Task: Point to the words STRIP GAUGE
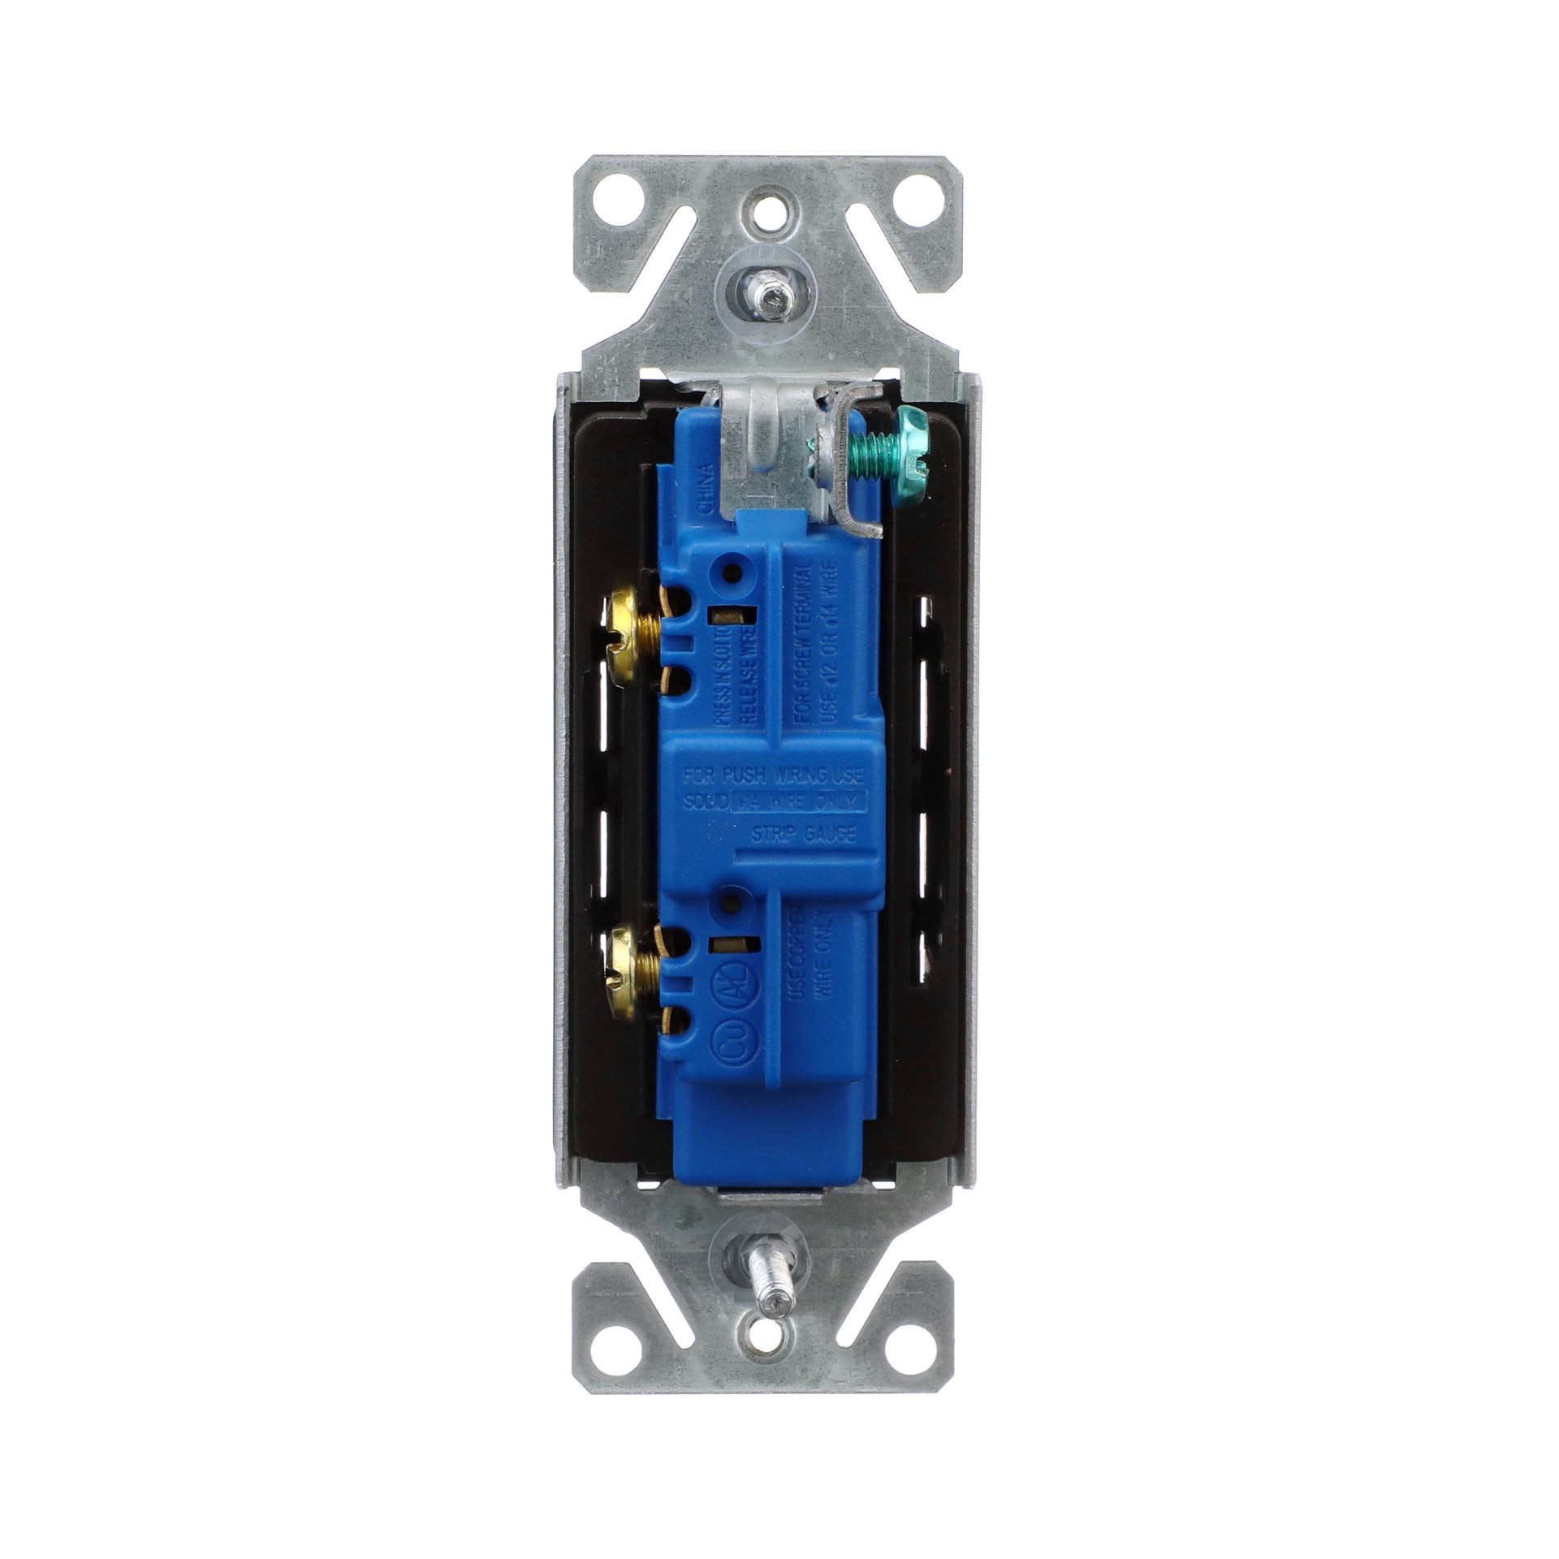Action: (x=800, y=832)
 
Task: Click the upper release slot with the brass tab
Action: (x=721, y=614)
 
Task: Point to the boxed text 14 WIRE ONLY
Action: (x=801, y=802)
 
